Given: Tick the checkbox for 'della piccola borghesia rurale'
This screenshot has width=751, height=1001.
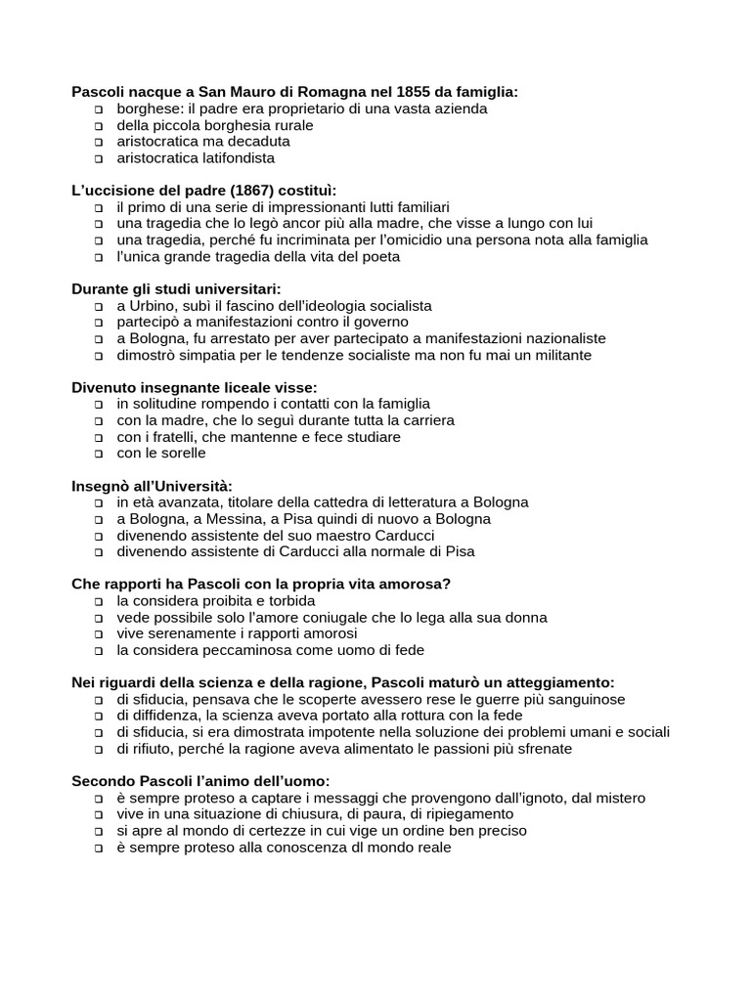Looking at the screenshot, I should coord(99,126).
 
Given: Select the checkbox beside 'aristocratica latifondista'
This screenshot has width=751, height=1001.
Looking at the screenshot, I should coord(99,159).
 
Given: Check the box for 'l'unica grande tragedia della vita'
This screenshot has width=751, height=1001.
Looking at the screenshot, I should coord(99,258).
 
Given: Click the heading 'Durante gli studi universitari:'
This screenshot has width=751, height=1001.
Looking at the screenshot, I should coord(176,289).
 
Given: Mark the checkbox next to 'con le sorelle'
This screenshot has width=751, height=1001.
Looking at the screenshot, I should coord(99,455).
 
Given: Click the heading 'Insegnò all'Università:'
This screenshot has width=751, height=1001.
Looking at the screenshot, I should coord(153,487).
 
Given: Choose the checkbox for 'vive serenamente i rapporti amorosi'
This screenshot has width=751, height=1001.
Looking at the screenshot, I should coord(99,634).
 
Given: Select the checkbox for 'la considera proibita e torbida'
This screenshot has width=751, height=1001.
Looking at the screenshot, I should coord(99,602).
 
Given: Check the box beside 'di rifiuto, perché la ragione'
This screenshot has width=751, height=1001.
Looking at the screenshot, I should coord(99,750).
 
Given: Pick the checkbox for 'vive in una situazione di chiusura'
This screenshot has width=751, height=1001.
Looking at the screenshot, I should coord(99,815).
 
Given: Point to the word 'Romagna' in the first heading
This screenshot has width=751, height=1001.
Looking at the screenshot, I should coord(284,92).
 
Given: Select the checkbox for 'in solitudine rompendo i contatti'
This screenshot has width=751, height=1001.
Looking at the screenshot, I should coord(99,405).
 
